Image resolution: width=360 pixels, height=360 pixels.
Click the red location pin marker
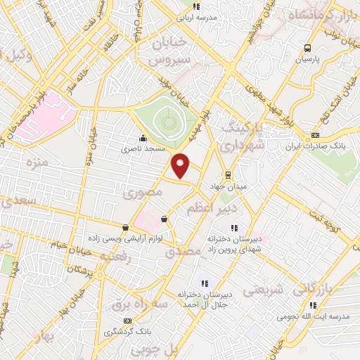pyautogui.click(x=181, y=165)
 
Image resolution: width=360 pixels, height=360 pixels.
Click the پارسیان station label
pyautogui.click(x=307, y=60)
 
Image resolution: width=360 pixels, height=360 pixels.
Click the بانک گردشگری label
pyautogui.click(x=125, y=331)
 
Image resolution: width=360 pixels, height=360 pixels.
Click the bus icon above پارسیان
pyautogui.click(x=307, y=48)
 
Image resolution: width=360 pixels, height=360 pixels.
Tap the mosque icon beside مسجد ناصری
pyautogui.click(x=143, y=138)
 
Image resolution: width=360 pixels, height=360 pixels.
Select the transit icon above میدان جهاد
pyautogui.click(x=228, y=174)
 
